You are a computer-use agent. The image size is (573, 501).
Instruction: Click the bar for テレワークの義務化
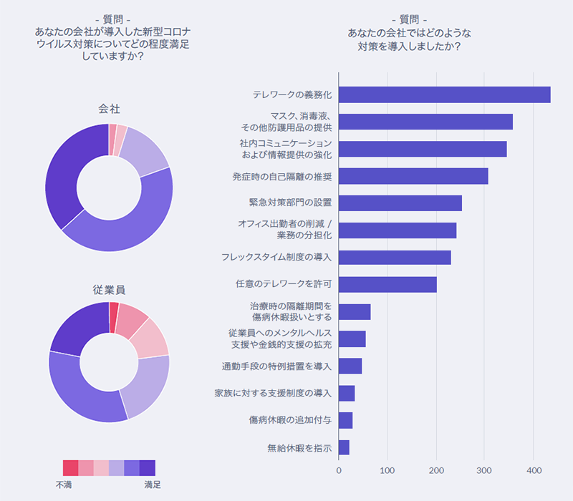click(444, 94)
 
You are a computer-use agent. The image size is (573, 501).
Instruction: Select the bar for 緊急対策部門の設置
click(400, 203)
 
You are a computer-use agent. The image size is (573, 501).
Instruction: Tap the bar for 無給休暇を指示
click(344, 448)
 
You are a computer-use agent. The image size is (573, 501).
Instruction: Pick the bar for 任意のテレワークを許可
click(387, 285)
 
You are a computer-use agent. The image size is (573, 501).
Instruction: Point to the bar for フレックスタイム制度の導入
click(395, 258)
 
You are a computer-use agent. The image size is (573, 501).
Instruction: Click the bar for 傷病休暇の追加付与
click(345, 421)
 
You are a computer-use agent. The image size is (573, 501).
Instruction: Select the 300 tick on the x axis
click(485, 471)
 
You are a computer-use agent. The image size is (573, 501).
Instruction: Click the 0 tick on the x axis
click(339, 471)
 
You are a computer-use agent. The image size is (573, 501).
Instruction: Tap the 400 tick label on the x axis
click(534, 471)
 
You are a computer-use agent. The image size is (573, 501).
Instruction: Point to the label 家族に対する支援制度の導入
click(273, 394)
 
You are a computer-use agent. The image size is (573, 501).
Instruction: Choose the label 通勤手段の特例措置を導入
click(277, 366)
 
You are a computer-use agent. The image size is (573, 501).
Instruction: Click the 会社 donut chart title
click(109, 109)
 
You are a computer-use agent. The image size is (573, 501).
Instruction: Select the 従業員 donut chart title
click(109, 290)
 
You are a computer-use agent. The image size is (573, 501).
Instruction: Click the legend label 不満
click(64, 485)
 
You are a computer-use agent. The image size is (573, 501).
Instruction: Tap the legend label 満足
click(152, 485)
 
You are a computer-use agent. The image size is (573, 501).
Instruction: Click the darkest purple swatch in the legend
click(148, 467)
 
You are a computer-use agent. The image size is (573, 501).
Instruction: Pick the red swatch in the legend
click(70, 467)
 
